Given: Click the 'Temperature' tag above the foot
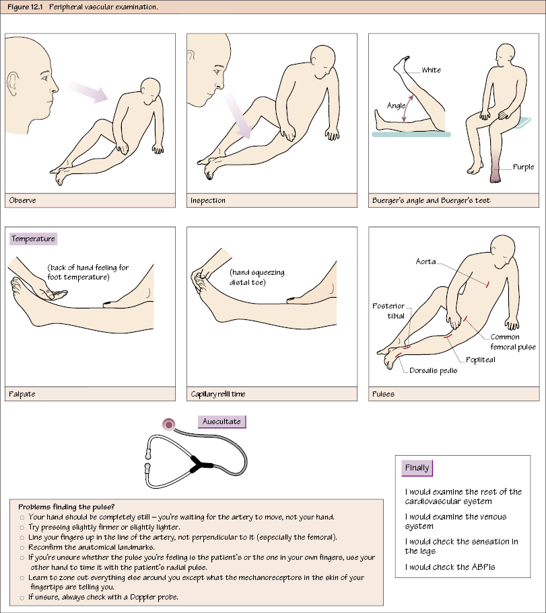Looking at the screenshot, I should (x=33, y=239).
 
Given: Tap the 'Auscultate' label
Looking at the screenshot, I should (x=221, y=422).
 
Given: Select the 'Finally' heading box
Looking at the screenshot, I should (x=417, y=468).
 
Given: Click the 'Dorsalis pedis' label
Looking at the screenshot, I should (x=433, y=370).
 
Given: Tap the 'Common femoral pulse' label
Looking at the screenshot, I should (x=512, y=342).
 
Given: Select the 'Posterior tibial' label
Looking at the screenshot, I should (x=388, y=311).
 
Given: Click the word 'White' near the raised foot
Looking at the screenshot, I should (x=431, y=70).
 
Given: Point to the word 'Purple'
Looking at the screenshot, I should (x=523, y=167).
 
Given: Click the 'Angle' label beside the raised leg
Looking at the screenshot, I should (x=396, y=106).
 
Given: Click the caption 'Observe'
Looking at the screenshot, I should (x=23, y=200).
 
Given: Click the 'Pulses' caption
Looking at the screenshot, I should (x=384, y=394).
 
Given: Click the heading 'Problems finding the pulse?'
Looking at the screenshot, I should (x=66, y=506).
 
